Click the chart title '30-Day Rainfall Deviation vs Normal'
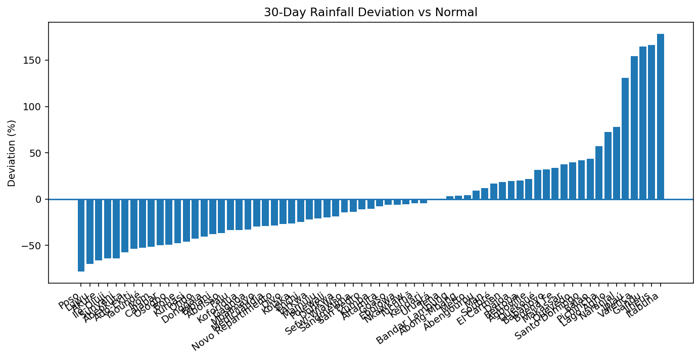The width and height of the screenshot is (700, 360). pos(370,12)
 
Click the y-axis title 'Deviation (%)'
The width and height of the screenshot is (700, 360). pos(12,153)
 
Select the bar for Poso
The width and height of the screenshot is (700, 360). pos(81,235)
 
